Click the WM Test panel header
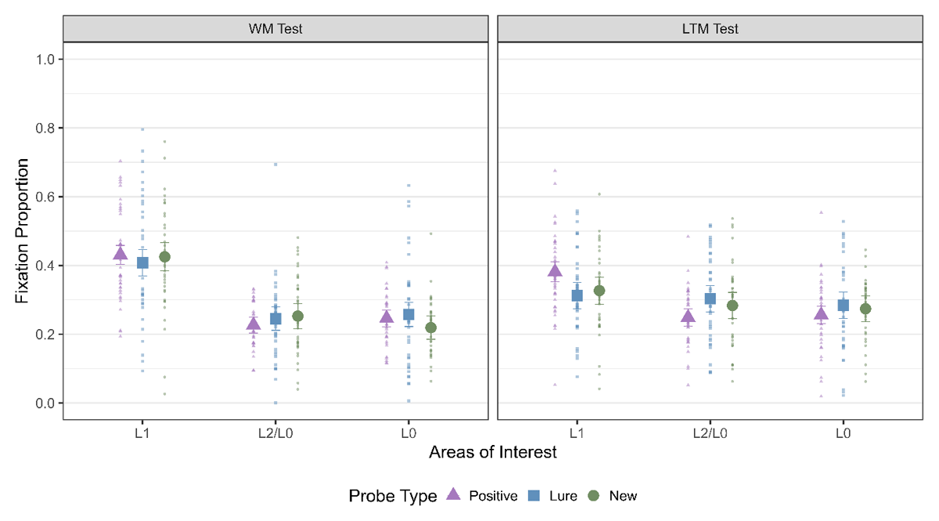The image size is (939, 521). (x=275, y=29)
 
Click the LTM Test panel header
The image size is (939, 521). (x=710, y=29)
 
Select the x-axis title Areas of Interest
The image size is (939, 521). (x=492, y=452)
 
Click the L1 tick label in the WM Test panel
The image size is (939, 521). (x=142, y=432)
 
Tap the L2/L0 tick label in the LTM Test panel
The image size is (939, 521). (x=710, y=432)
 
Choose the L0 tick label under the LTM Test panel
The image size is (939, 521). (x=844, y=432)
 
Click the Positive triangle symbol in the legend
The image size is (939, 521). (x=452, y=495)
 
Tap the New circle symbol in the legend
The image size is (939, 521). (x=593, y=495)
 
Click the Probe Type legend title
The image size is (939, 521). (x=393, y=496)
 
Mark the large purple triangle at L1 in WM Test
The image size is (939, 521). (x=121, y=253)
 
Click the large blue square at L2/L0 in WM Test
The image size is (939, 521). (x=275, y=319)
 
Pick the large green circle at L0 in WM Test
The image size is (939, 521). (x=430, y=327)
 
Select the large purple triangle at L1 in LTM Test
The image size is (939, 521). (x=555, y=271)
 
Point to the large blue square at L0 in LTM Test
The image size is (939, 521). (x=844, y=306)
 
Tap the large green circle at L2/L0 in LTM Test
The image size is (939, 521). (x=732, y=306)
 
